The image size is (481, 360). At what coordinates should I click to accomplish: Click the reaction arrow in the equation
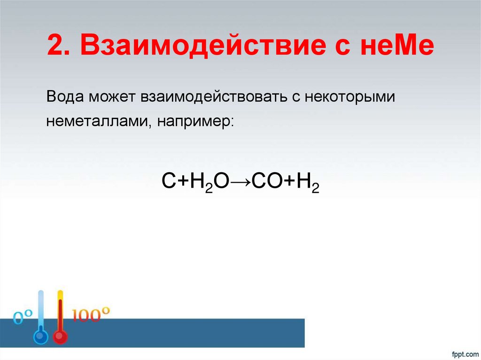coord(240,181)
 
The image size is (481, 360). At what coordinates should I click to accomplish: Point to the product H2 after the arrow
coord(307,181)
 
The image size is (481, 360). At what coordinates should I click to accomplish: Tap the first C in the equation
coord(169,181)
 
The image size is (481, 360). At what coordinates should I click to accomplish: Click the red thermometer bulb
coord(60,337)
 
